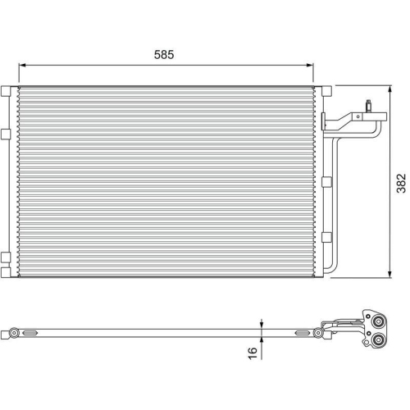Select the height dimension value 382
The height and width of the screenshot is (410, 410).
[399, 181]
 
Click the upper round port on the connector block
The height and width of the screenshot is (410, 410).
[378, 321]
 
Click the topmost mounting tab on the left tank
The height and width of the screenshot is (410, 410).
[7, 88]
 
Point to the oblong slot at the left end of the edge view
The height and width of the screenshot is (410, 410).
[30, 333]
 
